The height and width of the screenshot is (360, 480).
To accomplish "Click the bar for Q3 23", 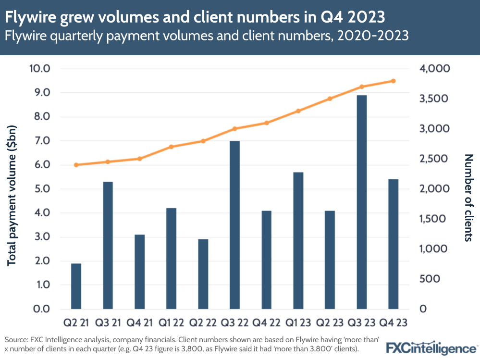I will pyautogui.click(x=361, y=202).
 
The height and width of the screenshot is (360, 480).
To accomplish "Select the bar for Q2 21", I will pyautogui.click(x=76, y=286).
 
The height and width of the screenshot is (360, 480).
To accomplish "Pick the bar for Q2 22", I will pyautogui.click(x=203, y=274).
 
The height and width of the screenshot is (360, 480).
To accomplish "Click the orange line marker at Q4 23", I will pyautogui.click(x=393, y=81).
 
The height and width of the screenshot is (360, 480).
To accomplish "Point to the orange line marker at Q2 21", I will pyautogui.click(x=76, y=165).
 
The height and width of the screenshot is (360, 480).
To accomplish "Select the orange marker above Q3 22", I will pyautogui.click(x=234, y=129).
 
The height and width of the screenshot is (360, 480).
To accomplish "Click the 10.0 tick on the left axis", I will pyautogui.click(x=40, y=69).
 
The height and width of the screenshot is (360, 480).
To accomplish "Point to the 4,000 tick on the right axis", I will pyautogui.click(x=434, y=69).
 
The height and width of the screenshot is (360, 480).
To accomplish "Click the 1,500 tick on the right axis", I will pyautogui.click(x=434, y=219).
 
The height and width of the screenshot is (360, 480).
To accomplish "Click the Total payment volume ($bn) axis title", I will pyautogui.click(x=12, y=189).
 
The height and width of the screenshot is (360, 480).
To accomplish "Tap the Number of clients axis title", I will pyautogui.click(x=468, y=197).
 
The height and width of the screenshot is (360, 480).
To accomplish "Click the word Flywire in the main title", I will pyautogui.click(x=28, y=17).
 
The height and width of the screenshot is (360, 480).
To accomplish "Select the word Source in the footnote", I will pyautogui.click(x=15, y=338).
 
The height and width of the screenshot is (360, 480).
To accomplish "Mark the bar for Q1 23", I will pyautogui.click(x=298, y=240).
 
